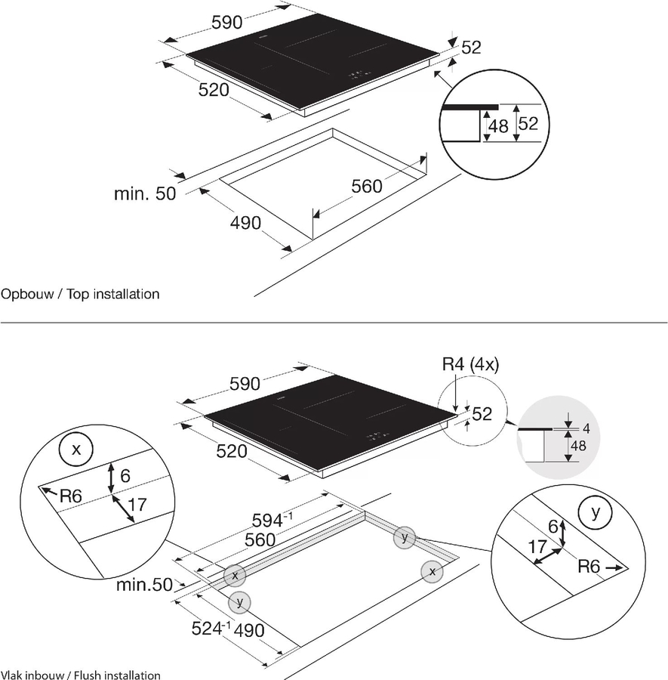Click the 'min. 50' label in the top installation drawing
(145, 194)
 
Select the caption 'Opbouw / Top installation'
(81, 293)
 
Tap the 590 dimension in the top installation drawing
(226, 23)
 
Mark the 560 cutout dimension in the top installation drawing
(367, 186)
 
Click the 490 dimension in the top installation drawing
(245, 223)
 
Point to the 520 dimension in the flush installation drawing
(232, 452)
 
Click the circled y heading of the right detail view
(596, 513)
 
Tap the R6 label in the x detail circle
(70, 496)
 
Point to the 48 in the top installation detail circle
(498, 126)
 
